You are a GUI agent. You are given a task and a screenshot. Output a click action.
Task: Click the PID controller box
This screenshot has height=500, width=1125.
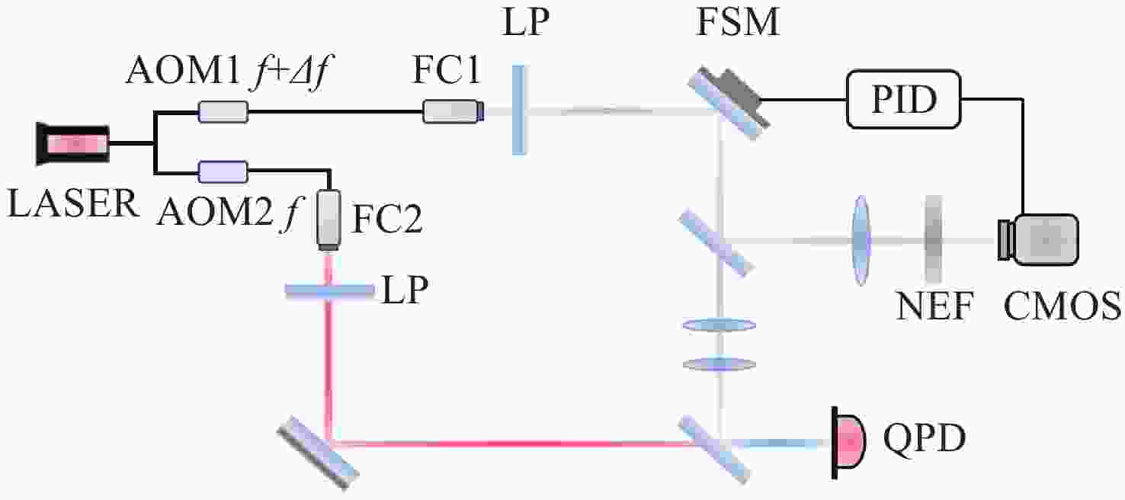(x=903, y=99)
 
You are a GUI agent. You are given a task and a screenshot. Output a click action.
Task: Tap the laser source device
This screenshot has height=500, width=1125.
(x=73, y=143)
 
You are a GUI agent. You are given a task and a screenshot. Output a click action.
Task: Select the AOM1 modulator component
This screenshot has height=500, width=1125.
(x=223, y=112)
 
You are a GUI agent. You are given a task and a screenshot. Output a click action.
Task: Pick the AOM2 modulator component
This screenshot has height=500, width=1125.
(x=223, y=171)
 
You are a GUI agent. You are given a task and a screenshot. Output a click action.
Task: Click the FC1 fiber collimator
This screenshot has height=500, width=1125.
(x=454, y=111)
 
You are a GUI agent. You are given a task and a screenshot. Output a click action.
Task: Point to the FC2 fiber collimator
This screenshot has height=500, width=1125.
(x=329, y=220)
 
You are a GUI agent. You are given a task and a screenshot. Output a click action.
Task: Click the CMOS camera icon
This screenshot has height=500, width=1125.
(x=1038, y=240)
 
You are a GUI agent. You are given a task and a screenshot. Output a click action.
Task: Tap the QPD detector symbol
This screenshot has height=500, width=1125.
(x=848, y=443)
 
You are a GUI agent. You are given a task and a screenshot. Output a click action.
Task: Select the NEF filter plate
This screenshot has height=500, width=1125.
(x=933, y=239)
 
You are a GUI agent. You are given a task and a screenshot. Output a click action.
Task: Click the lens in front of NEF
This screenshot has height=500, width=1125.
(x=861, y=240)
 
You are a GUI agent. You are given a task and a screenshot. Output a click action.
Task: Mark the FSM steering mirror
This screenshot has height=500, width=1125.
(x=728, y=103)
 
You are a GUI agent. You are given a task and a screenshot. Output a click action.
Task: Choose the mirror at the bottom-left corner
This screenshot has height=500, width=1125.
(x=318, y=452)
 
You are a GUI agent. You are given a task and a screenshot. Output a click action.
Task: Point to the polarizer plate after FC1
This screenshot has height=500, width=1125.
(x=519, y=110)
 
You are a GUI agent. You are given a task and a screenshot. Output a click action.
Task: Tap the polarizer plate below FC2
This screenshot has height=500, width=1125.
(x=329, y=290)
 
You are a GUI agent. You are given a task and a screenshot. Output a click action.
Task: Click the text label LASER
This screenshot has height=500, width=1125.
(x=73, y=204)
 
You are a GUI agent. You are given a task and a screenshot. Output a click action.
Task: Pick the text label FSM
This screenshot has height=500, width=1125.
(x=738, y=21)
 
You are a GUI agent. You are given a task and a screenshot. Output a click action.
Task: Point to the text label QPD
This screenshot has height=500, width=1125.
(x=925, y=437)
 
